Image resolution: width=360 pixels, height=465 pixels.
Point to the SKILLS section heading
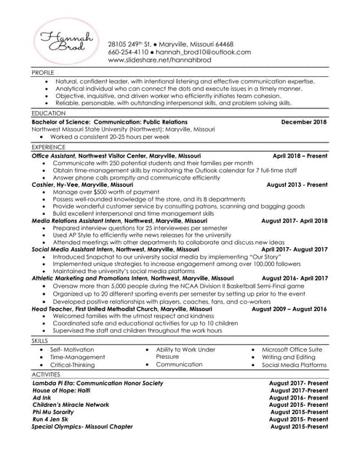point(39,340)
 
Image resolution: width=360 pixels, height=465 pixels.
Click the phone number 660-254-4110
point(127,52)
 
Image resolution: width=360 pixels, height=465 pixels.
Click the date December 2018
point(304,122)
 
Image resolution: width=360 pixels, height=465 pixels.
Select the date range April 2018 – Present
point(300,155)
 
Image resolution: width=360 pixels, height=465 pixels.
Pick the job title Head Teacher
point(54,309)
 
